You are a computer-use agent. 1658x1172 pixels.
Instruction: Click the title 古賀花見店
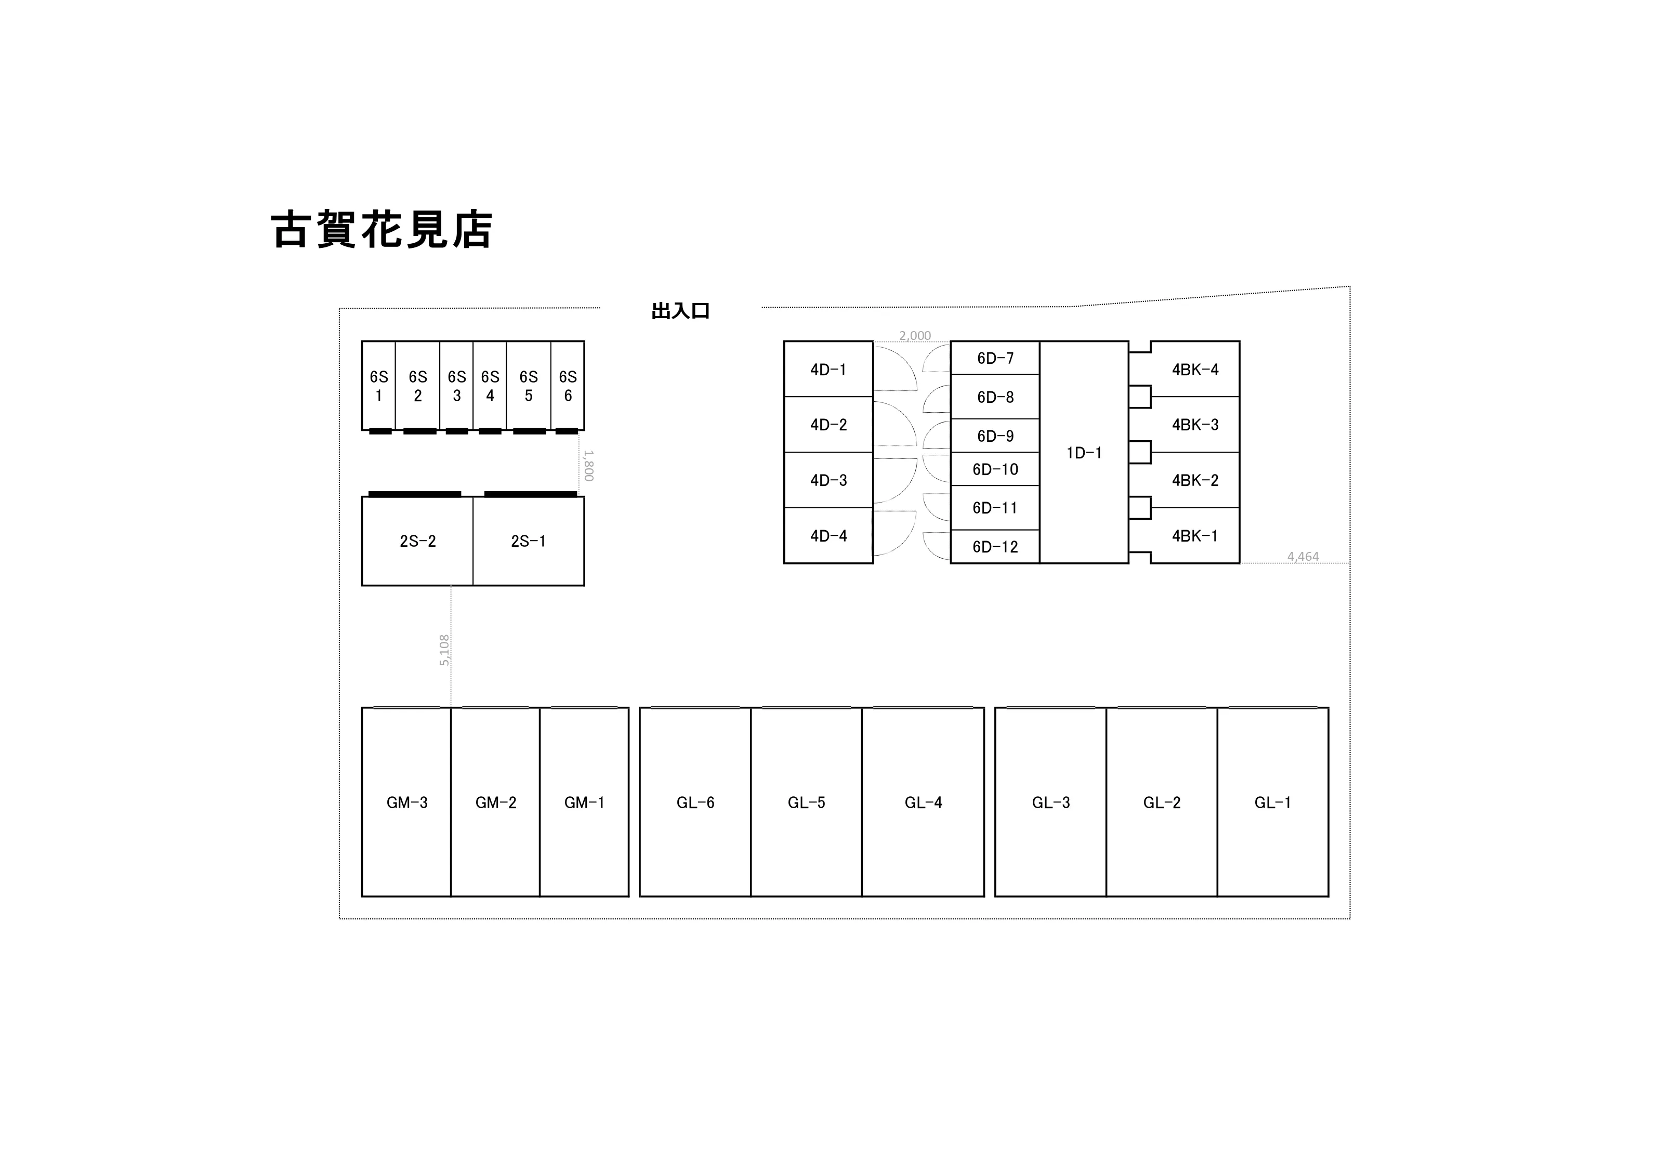click(x=381, y=230)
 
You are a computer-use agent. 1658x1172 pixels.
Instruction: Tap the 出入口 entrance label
click(x=680, y=311)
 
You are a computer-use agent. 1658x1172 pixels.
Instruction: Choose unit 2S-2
click(x=417, y=541)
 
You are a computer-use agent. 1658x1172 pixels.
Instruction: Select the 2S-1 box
click(x=529, y=541)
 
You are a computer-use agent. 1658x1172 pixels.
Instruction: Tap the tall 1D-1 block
click(x=1084, y=452)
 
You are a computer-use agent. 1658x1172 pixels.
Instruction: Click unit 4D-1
click(x=828, y=369)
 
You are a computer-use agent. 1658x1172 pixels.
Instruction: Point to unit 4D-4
click(x=828, y=536)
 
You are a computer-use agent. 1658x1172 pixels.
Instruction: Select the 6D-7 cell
click(x=995, y=358)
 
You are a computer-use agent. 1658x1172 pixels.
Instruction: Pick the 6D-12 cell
click(x=995, y=547)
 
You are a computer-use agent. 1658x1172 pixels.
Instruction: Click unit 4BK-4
click(x=1195, y=369)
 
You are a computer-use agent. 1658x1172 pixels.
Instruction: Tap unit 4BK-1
click(x=1195, y=536)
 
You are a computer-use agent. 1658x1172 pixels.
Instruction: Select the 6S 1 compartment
click(x=378, y=386)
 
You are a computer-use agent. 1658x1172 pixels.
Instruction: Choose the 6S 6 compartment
click(x=568, y=386)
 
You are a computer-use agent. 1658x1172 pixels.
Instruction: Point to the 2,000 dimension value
click(x=915, y=336)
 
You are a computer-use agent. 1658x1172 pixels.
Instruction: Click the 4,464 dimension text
click(x=1302, y=557)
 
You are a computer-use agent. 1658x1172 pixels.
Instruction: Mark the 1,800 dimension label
click(x=588, y=466)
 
